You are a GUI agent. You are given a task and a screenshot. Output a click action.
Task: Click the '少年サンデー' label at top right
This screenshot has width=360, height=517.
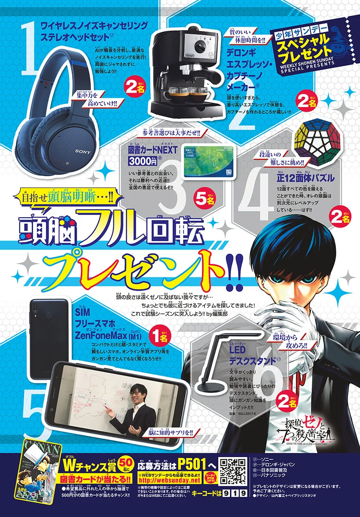[x=293, y=36]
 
